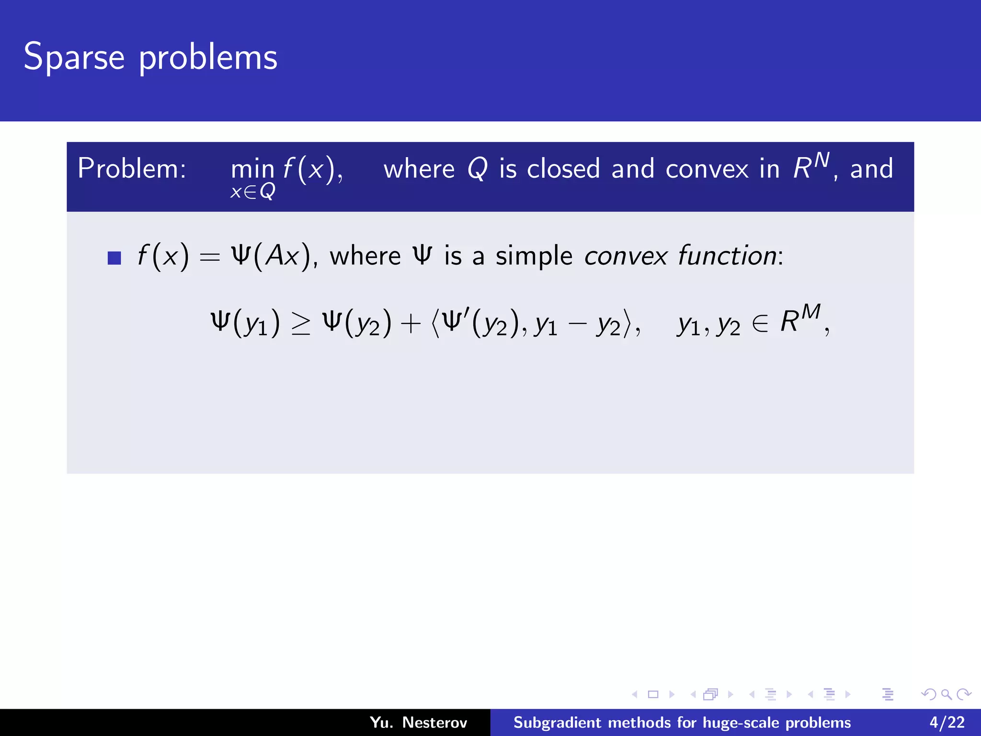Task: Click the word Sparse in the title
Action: click(x=74, y=57)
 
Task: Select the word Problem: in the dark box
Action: click(x=132, y=169)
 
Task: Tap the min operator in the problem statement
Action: click(x=252, y=170)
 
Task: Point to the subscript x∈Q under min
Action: click(x=252, y=192)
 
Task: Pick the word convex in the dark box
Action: click(x=707, y=169)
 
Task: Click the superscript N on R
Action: click(x=822, y=160)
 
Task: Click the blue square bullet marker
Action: click(x=114, y=258)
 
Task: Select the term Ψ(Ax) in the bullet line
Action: click(x=271, y=256)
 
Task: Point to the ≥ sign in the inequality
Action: click(x=301, y=324)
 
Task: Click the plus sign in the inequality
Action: click(x=411, y=324)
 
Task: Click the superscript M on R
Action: click(x=811, y=312)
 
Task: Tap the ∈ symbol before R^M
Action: click(x=760, y=324)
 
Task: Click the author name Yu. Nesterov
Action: click(x=418, y=722)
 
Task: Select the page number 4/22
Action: click(x=947, y=722)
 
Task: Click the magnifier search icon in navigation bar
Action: click(x=946, y=694)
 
